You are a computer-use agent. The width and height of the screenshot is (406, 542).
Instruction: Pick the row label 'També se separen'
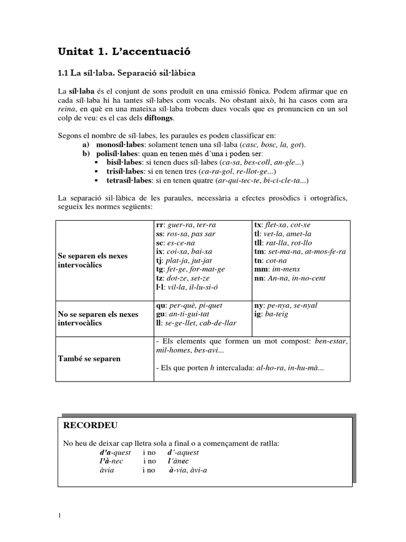(89, 358)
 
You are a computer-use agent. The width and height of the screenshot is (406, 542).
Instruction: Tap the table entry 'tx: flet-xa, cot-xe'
(285, 224)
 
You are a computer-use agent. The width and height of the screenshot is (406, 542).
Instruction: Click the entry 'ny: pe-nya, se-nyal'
(286, 305)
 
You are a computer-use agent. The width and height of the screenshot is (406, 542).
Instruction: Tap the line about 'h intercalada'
(241, 368)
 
